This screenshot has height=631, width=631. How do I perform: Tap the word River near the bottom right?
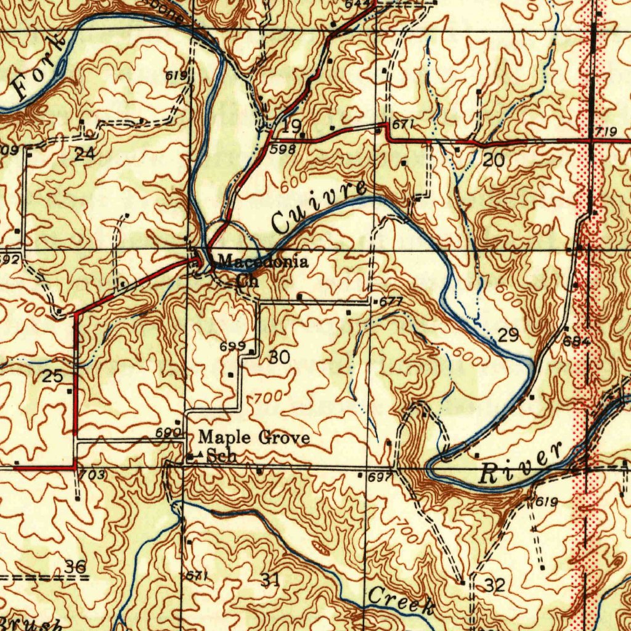pyautogui.click(x=521, y=463)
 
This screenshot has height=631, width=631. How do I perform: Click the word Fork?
pyautogui.click(x=38, y=68)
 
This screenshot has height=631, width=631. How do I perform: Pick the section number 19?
pyautogui.click(x=291, y=127)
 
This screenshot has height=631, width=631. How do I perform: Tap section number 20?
pyautogui.click(x=494, y=160)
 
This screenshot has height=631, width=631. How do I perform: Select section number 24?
pyautogui.click(x=84, y=154)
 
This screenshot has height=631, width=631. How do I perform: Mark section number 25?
pyautogui.click(x=52, y=376)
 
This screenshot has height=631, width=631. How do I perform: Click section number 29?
pyautogui.click(x=508, y=336)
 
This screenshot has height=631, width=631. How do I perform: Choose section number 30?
pyautogui.click(x=279, y=357)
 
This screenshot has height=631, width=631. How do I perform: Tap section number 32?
pyautogui.click(x=494, y=585)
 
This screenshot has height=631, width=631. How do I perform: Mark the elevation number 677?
pyautogui.click(x=391, y=302)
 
